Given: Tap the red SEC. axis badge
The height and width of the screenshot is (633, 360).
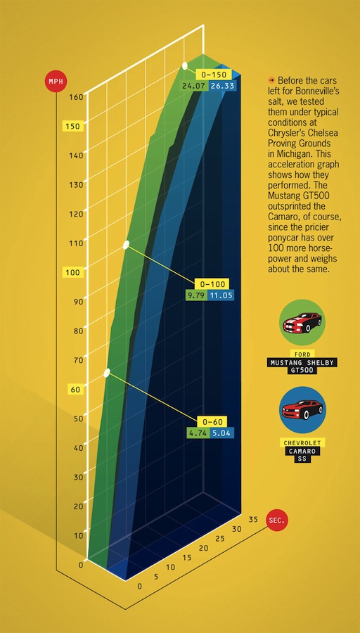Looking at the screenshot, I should point(276,521).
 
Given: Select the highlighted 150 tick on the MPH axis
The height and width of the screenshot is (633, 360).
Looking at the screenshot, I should point(72,127).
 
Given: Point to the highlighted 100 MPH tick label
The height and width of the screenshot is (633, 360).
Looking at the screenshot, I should point(72,272).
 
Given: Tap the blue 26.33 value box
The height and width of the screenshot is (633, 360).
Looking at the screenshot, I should point(222,86).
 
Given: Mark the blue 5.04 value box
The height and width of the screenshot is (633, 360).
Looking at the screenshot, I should point(221,433).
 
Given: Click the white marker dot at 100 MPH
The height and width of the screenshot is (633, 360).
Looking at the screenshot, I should point(127,245).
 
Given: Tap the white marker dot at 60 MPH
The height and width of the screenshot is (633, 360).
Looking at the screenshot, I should point(107,373).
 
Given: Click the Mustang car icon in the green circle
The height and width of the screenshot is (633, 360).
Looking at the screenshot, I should point(302,324).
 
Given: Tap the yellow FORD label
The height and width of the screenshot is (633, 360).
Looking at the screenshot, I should point(302,352).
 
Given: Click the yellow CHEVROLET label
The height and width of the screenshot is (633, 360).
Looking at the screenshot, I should point(302,442).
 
